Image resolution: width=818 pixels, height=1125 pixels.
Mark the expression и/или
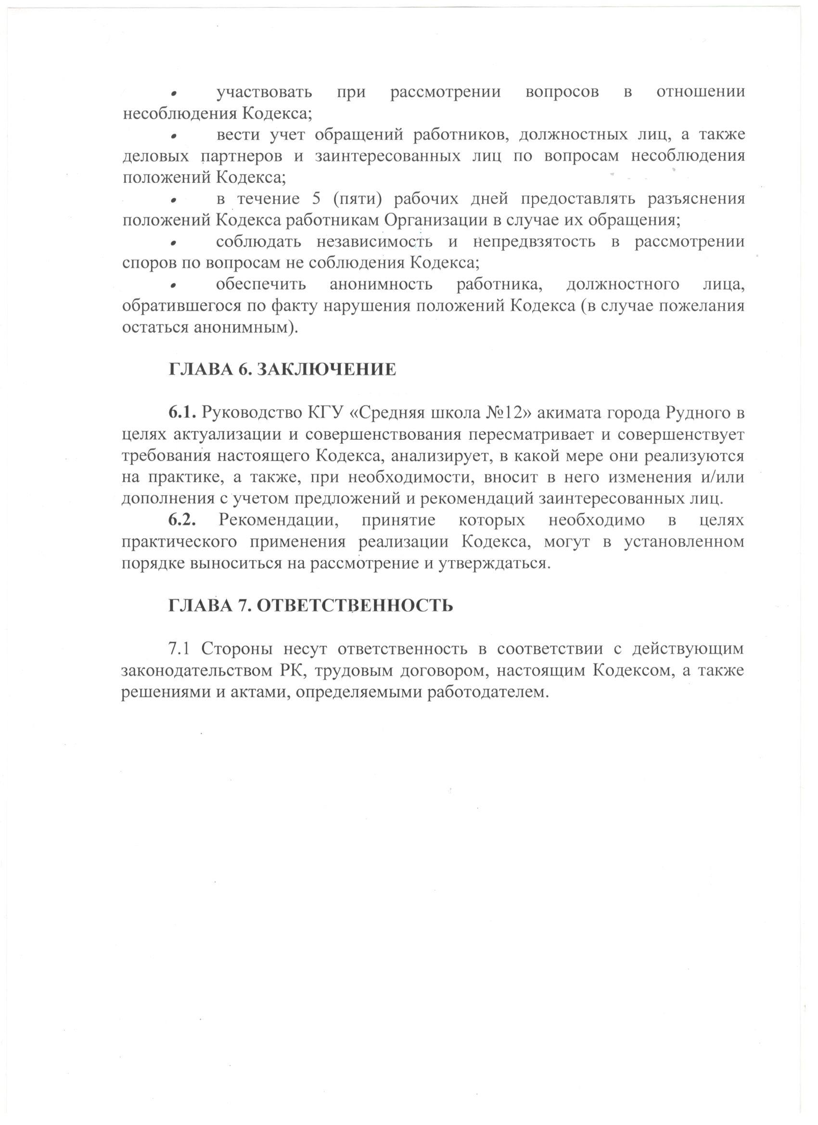click(724, 477)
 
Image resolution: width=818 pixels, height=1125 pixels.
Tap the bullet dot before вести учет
click(174, 135)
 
